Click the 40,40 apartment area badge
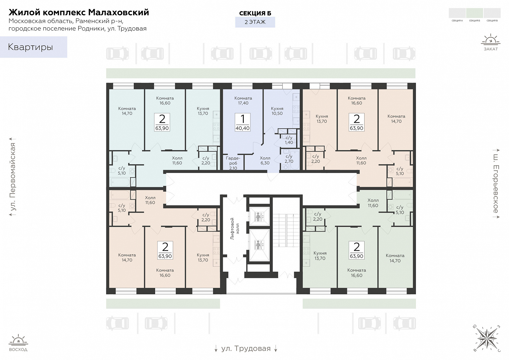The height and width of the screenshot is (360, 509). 242,122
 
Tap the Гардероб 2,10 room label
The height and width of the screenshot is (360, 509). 233,163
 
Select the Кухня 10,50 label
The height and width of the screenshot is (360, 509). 277,111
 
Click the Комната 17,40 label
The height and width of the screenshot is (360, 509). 243,101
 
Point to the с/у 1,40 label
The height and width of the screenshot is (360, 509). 289,140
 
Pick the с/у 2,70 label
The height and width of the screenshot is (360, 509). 289,159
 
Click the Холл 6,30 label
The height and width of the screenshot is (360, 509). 265,160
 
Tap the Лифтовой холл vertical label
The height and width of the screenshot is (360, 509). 235,228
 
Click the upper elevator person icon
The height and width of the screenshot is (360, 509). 258,217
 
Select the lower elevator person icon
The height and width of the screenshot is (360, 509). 258,245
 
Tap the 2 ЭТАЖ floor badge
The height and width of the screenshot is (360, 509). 255,22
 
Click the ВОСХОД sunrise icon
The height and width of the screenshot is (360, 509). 18,343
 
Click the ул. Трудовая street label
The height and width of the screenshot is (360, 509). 246,348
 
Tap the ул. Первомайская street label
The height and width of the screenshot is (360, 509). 13,177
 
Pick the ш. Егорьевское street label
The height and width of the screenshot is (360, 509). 496,184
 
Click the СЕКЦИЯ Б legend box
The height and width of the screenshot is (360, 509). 474,13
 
